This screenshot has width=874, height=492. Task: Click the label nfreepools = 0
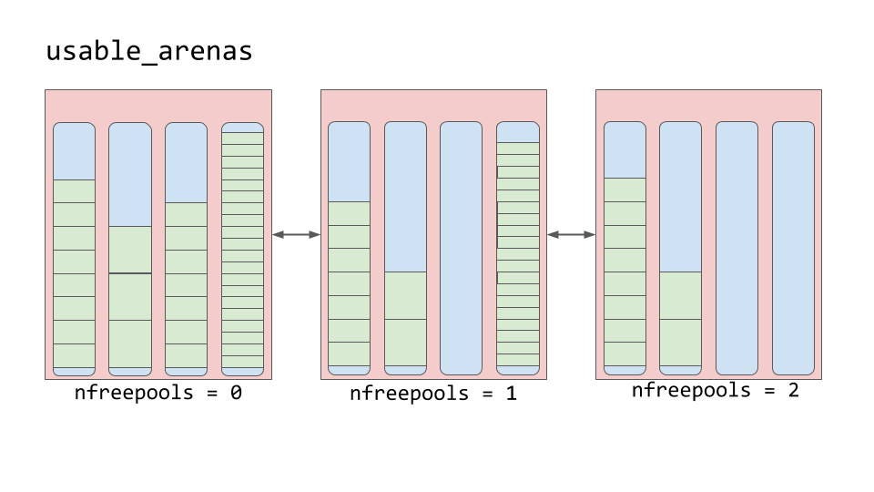[158, 395]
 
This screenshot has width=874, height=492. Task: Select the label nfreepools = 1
[433, 395]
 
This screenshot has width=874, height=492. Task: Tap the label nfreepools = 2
[715, 391]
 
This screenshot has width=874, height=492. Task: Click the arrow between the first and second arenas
[296, 235]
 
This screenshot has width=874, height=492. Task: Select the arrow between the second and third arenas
[571, 235]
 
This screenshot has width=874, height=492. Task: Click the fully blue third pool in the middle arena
[461, 248]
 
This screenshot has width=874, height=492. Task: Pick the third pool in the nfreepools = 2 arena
[737, 248]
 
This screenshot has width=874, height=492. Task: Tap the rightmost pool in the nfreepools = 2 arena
[793, 248]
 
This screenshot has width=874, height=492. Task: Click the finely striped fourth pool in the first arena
[242, 251]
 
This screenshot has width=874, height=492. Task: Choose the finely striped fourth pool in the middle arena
[517, 251]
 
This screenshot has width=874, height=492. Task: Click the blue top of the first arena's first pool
[74, 151]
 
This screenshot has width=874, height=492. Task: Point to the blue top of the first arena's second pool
[130, 174]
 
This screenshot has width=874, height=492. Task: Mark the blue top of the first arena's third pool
[186, 162]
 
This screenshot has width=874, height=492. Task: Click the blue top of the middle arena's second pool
[405, 197]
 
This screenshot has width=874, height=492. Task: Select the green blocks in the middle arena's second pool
[405, 319]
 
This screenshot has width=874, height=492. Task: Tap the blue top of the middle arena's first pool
[349, 161]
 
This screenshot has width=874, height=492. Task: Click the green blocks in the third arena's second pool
[680, 318]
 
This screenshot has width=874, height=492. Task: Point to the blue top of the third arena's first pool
[625, 149]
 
